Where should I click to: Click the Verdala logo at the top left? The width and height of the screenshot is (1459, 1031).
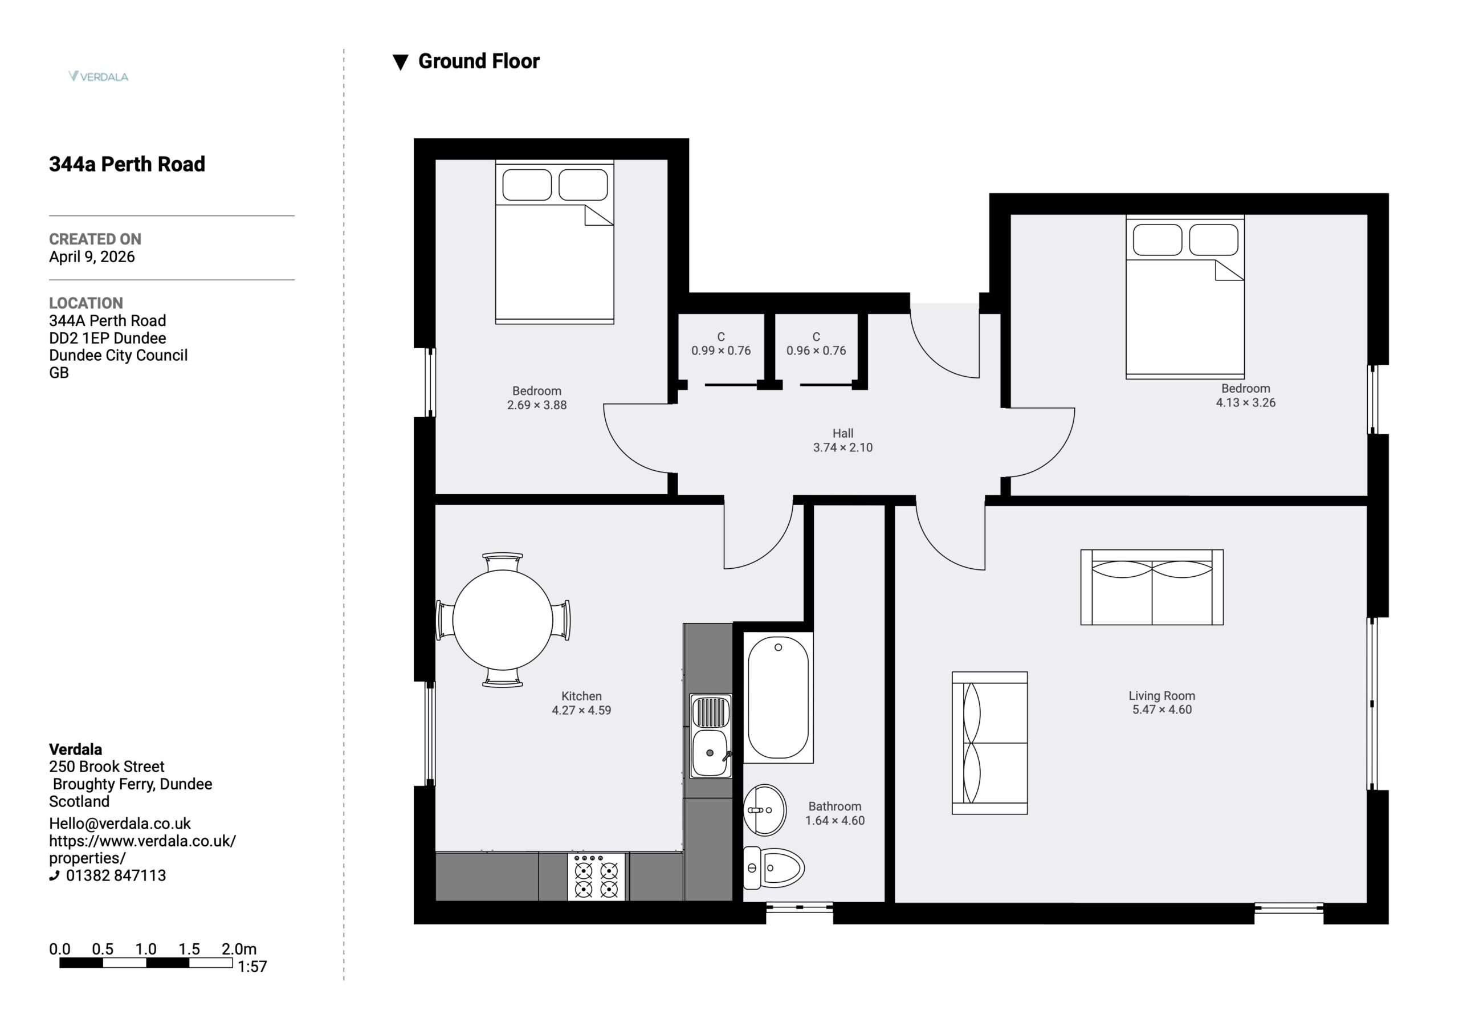click(99, 76)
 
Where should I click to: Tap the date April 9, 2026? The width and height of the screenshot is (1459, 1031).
click(92, 257)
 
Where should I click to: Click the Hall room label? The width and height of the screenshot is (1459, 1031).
click(842, 434)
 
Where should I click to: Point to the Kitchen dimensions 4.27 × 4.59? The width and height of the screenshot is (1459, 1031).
click(581, 711)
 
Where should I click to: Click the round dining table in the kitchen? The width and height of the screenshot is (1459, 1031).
click(503, 620)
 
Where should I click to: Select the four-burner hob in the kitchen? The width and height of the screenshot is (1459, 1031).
click(596, 877)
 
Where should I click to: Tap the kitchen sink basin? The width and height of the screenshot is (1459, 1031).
click(710, 753)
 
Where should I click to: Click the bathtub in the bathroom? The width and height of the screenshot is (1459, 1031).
click(779, 697)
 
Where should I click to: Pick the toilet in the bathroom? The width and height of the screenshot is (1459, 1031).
click(773, 867)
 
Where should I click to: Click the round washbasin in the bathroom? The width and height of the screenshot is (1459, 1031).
click(765, 810)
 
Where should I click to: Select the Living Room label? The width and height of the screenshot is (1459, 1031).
click(1162, 696)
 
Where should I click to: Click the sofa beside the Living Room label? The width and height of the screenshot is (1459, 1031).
click(989, 743)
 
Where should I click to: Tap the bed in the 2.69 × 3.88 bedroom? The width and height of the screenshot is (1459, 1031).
click(555, 242)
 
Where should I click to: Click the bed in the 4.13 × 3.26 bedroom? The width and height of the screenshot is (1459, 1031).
click(1185, 297)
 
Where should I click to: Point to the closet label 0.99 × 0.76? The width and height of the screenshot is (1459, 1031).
click(722, 351)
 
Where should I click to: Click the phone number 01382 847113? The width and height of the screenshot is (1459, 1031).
click(116, 876)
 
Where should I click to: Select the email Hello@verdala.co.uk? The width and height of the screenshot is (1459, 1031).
click(120, 824)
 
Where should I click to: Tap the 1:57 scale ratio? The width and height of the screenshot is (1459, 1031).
click(252, 967)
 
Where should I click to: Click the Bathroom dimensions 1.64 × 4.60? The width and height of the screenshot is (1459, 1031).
click(835, 821)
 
